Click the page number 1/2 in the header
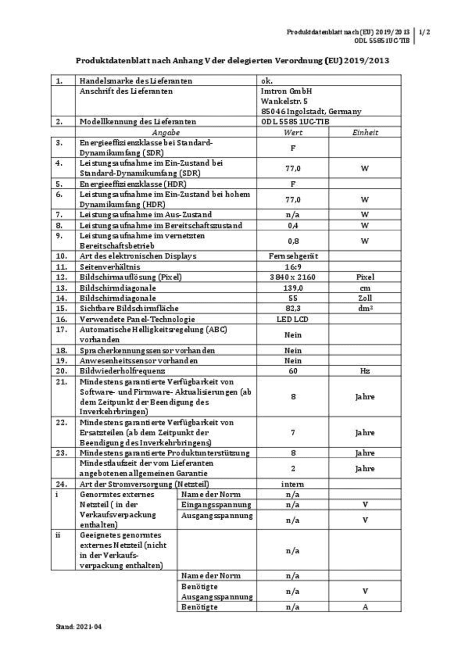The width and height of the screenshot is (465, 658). pos(425,32)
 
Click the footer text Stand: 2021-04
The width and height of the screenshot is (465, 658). pos(78,627)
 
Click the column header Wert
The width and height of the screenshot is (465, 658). pos(293,132)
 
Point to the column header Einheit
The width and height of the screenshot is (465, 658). pos(365,132)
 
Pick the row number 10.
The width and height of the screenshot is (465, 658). pos(61,256)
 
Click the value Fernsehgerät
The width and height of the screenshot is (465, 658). pos(293,256)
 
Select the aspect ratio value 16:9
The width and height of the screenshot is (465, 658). pos(293,267)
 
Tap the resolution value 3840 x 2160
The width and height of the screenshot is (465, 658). pos(293,277)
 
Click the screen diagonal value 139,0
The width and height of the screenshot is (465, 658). pos(293,288)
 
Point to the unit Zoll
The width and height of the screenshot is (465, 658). pos(365,298)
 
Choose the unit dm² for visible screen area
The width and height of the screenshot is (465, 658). pos(365,308)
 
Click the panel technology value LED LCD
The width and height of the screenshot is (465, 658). pos(293,319)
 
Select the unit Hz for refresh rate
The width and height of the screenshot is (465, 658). pos(365,371)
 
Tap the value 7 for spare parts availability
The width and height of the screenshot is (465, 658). pos(293,432)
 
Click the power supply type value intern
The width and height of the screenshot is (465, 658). pos(293,484)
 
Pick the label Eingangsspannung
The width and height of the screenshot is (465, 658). pos(216,505)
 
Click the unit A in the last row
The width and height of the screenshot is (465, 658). pos(365,607)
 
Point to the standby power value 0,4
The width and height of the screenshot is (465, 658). pos(293,226)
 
